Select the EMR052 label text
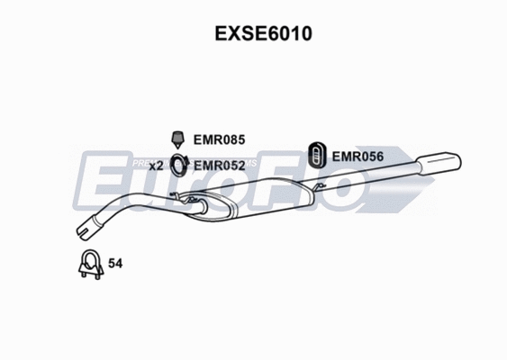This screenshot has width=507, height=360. pyautogui.click(x=219, y=166)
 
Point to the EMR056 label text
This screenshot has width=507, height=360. pyautogui.click(x=358, y=157)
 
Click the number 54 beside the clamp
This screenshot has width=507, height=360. pyautogui.click(x=115, y=264)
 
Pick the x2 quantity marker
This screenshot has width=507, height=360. pyautogui.click(x=156, y=166)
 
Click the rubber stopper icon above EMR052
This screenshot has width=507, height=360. pyautogui.click(x=179, y=139)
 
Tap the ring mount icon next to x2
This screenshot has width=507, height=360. pyautogui.click(x=179, y=166)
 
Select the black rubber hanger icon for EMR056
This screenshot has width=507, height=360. pyautogui.click(x=318, y=155)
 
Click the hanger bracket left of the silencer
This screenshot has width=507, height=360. pyautogui.click(x=189, y=196)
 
